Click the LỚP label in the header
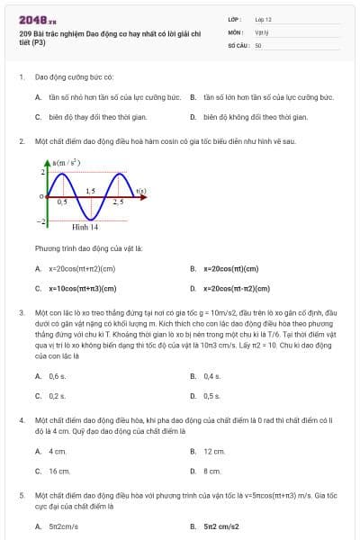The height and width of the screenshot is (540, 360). click(235, 18)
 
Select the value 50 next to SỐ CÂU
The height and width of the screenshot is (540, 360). click(258, 44)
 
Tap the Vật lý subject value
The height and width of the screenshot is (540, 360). click(262, 31)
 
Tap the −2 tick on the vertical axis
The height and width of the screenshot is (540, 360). click(40, 220)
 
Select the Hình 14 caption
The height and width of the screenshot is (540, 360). click(85, 228)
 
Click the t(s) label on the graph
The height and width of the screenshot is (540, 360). click(140, 190)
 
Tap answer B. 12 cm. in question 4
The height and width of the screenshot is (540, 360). click(213, 451)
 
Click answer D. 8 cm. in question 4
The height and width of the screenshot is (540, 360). click(211, 471)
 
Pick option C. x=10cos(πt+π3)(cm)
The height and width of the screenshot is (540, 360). click(80, 289)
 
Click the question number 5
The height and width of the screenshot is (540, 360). click(22, 494)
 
